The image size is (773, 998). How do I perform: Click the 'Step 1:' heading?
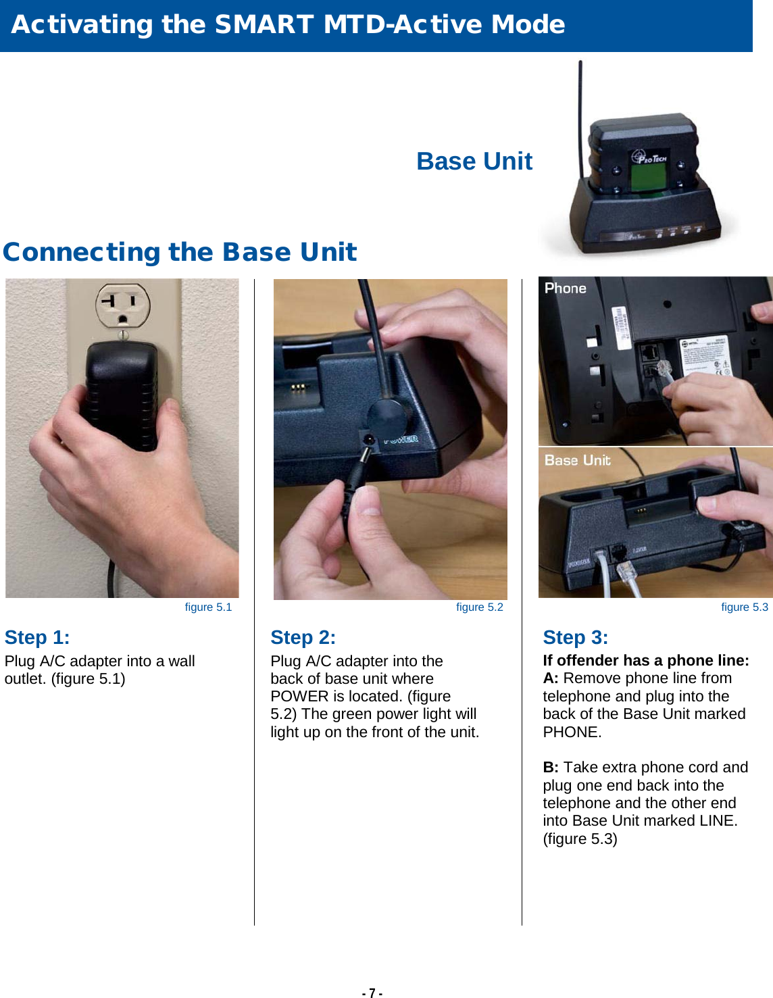37,637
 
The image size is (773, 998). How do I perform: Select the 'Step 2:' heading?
303,637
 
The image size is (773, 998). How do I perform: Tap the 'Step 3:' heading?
576,637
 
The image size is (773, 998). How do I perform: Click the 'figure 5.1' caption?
208,607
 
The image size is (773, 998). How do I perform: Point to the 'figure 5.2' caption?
480,607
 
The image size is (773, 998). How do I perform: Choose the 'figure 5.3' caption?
745,607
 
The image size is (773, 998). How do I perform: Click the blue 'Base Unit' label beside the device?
474,161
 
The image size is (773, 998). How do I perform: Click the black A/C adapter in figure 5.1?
122,396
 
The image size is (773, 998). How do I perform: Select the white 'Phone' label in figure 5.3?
566,289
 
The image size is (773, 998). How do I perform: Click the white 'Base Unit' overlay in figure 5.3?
577,460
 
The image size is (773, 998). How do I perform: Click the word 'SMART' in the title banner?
265,24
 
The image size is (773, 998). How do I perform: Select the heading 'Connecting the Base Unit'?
180,252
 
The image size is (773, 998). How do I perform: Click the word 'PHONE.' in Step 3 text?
572,732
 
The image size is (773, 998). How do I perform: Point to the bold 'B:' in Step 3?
551,767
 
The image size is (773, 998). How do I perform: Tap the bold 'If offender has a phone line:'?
646,660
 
